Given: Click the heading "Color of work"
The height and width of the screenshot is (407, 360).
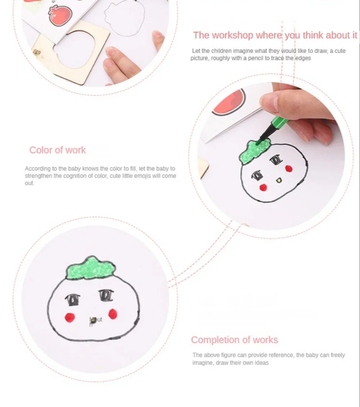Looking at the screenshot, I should (58, 150).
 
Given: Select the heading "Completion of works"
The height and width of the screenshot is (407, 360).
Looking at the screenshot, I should (234, 340).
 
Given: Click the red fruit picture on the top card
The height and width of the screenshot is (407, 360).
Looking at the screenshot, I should (60, 15).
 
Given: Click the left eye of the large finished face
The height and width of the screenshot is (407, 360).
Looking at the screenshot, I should (72, 299).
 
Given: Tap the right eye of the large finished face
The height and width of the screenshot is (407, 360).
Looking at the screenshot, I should (105, 296).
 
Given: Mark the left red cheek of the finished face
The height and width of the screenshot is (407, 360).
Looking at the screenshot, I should (69, 317).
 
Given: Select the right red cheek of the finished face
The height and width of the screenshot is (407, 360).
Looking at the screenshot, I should (113, 314).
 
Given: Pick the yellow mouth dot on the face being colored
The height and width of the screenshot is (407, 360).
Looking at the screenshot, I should (278, 179).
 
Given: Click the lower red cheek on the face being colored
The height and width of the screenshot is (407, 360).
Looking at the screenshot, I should (263, 187).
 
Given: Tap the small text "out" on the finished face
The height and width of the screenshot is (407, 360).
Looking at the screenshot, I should (97, 319).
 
